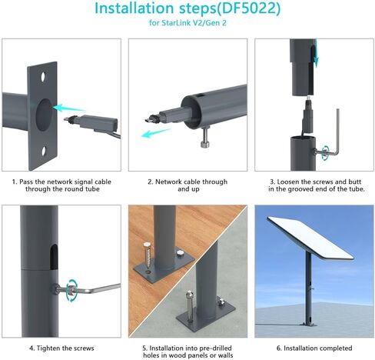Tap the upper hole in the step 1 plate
point(44,78)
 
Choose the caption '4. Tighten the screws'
point(62,348)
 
